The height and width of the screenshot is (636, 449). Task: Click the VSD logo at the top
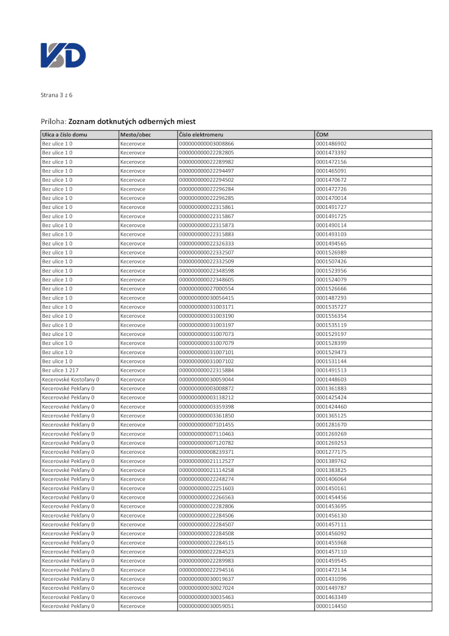coord(63,55)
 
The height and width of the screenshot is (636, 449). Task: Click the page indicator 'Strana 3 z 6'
coord(56,95)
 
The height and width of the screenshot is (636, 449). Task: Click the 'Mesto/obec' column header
coord(136,134)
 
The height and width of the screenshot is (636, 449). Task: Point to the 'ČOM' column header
coord(322,134)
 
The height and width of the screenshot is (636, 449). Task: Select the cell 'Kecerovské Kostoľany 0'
coord(70,379)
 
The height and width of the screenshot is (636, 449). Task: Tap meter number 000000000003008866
coord(206,143)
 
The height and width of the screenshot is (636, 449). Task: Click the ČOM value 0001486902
coord(331,143)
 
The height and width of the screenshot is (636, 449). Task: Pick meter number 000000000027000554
coord(206,289)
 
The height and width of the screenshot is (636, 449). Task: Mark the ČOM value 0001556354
coord(331,316)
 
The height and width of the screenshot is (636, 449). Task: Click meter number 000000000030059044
coord(206,379)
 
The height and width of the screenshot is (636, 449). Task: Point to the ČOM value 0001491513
coord(331,370)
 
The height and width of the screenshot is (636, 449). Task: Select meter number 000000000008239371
coord(206,452)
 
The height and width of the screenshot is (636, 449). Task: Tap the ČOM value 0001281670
coord(331,425)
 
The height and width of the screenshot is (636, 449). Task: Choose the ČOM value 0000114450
coord(331,606)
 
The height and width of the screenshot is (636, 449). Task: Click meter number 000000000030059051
coord(206,606)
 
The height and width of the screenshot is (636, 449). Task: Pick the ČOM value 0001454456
coord(331,497)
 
